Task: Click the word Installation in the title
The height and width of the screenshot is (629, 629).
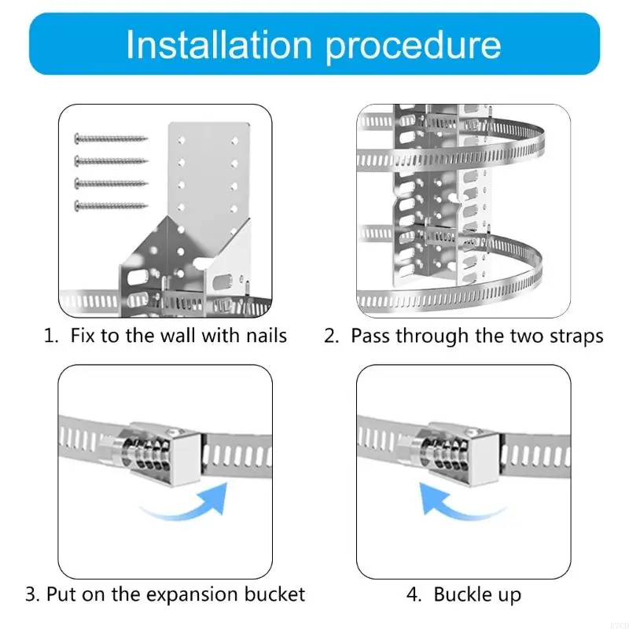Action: [x=219, y=45]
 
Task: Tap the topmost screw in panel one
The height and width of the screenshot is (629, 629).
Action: [x=111, y=138]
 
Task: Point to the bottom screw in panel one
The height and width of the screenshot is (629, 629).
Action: [x=111, y=206]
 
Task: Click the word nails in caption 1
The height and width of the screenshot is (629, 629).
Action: [x=263, y=336]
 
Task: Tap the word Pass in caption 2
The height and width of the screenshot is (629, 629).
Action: [x=370, y=336]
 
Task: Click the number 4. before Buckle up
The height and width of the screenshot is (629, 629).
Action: [x=414, y=594]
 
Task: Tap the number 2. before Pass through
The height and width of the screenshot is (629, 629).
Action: [x=331, y=336]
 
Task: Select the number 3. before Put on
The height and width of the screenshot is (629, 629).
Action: [x=32, y=594]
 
